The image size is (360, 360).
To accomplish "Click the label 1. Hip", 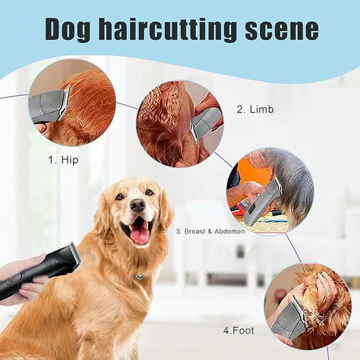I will (x=62, y=160).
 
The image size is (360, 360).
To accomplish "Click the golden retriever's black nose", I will (x=138, y=205).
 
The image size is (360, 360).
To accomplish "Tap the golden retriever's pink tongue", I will (x=140, y=234).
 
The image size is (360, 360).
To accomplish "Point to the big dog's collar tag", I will (x=140, y=276).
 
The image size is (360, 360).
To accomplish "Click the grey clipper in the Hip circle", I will (x=49, y=107).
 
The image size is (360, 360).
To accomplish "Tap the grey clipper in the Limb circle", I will (x=205, y=124).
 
